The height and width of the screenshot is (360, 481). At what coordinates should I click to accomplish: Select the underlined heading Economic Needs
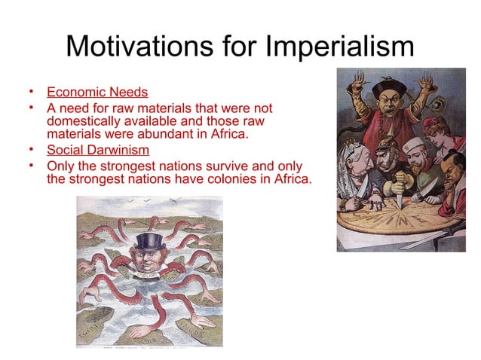click(x=97, y=93)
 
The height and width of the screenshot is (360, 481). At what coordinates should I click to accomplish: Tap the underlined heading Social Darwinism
click(x=98, y=149)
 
